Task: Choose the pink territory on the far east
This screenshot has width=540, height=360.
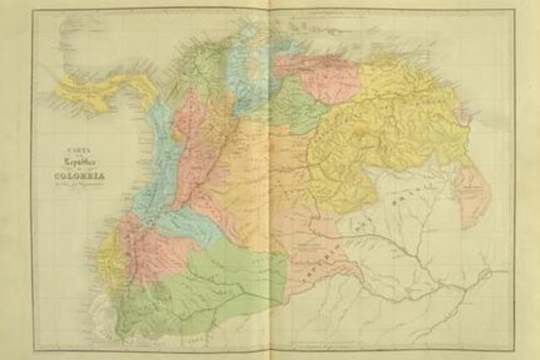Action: [472, 194]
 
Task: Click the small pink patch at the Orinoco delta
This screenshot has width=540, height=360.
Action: [462, 114]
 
